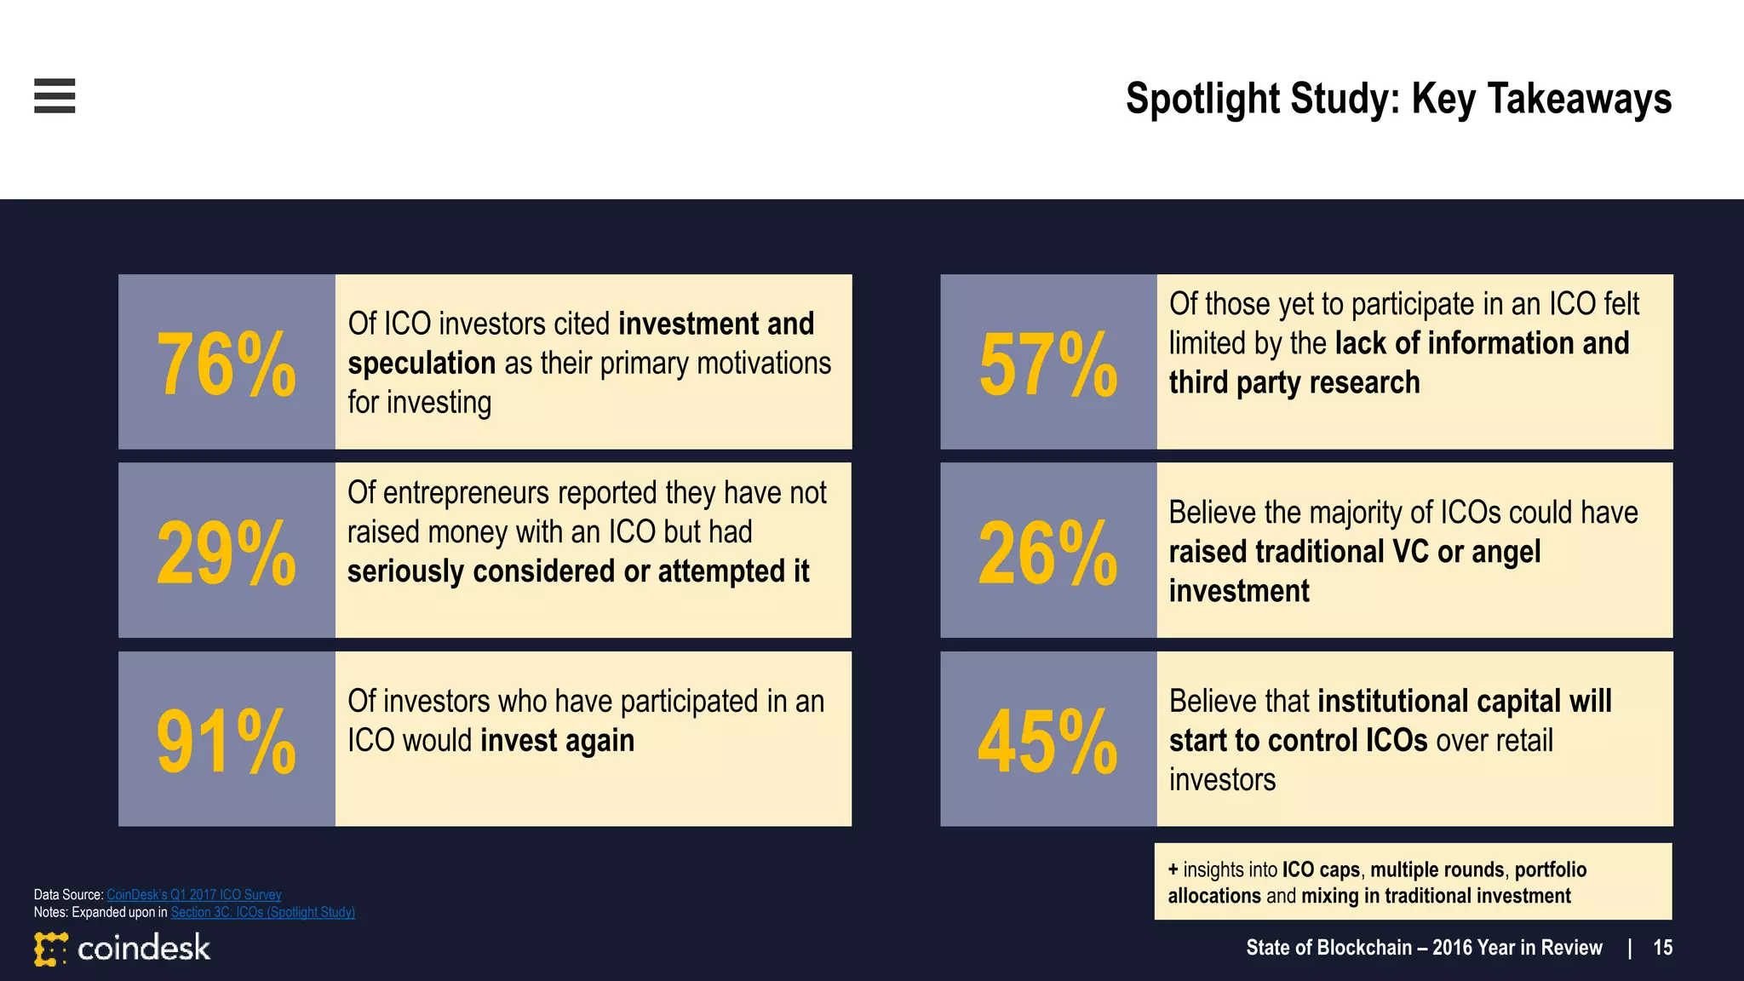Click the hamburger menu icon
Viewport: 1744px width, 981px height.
tap(54, 95)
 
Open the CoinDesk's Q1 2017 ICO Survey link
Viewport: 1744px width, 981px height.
tap(194, 894)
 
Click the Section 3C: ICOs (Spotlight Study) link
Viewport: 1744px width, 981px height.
tap(262, 912)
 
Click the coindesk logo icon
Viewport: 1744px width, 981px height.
tap(50, 949)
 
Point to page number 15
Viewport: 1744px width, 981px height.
tap(1662, 948)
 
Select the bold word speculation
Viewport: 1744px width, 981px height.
tap(422, 364)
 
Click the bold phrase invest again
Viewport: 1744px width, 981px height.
tap(558, 741)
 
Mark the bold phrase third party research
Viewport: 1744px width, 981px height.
tap(1294, 383)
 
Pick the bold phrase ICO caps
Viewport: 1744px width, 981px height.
tap(1321, 869)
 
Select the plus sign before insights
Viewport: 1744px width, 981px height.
tap(1173, 869)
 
